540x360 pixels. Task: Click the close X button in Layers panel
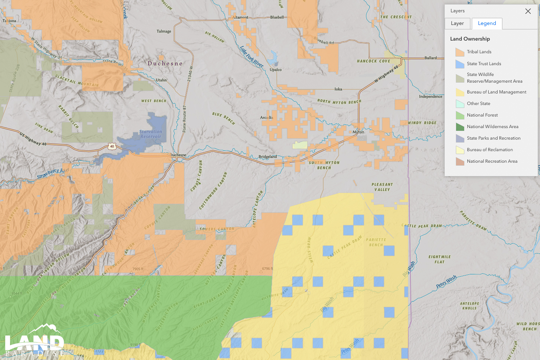[x=528, y=11]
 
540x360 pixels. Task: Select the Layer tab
[x=457, y=23]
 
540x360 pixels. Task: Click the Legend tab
[x=487, y=23]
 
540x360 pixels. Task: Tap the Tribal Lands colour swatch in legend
[x=460, y=52]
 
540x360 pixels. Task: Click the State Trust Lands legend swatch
[x=460, y=64]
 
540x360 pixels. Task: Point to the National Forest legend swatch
[x=460, y=115]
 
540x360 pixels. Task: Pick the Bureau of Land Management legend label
[x=496, y=92]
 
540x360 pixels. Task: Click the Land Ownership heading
[x=470, y=39]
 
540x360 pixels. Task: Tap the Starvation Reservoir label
[x=150, y=134]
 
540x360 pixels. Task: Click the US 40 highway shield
[x=112, y=146]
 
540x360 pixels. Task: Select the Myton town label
[x=358, y=132]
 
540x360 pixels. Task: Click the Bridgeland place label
[x=268, y=157]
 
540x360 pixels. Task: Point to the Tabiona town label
[x=9, y=21]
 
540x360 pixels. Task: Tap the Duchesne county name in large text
[x=165, y=64]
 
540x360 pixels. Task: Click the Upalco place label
[x=276, y=70]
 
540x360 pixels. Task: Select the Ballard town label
[x=431, y=58]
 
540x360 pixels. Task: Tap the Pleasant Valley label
[x=382, y=187]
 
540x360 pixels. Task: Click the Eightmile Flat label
[x=439, y=259]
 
